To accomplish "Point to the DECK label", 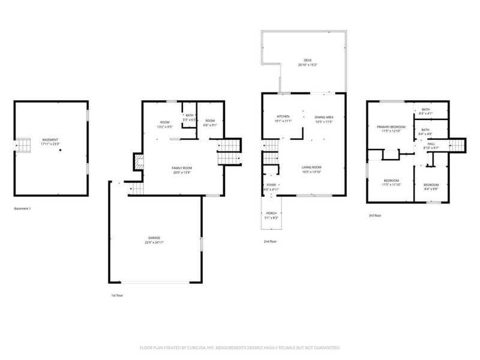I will pos(307,61).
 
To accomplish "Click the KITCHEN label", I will pos(283,116).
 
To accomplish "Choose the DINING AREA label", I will pos(323,117).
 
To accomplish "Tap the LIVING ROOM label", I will pos(311,167).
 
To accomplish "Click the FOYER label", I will pos(272,185).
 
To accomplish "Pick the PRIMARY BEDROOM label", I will pos(391,127).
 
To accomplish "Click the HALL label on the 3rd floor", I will pos(431,144).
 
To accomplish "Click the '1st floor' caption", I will pos(118,296).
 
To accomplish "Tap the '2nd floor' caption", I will pos(269,241).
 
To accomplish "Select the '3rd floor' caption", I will pos(375,215).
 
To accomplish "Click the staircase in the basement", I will pos(23,146).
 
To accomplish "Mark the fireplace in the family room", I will pos(139,161).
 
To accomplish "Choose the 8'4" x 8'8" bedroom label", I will pos(431,185).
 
